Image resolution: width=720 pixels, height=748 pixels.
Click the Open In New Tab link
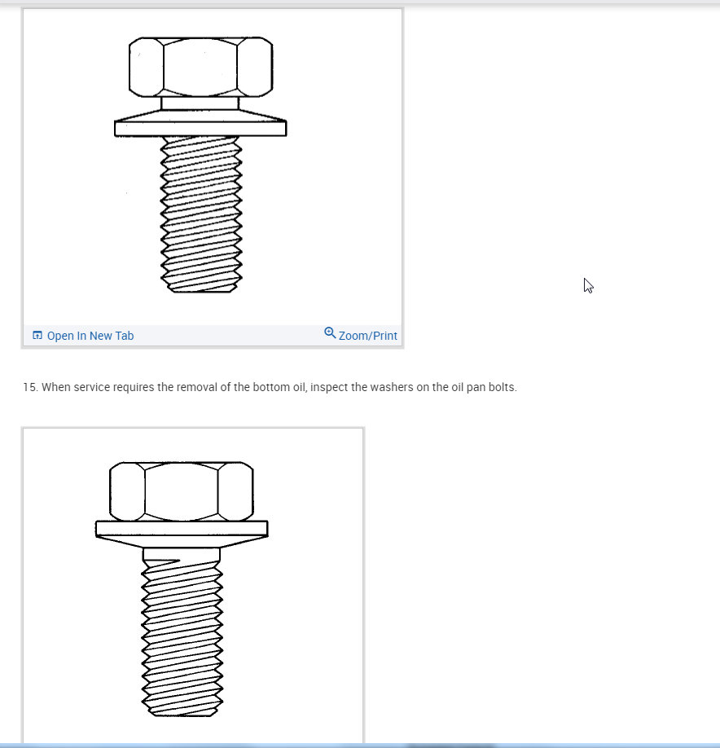[90, 336]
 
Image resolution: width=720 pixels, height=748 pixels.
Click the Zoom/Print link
[367, 336]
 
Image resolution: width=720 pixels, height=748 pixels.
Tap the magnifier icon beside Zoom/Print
[330, 332]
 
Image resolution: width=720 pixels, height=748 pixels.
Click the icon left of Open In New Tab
[37, 335]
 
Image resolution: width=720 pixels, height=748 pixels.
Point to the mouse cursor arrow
[588, 285]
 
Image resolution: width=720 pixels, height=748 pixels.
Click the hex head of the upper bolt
[200, 67]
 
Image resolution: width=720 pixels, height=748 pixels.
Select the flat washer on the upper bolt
[200, 128]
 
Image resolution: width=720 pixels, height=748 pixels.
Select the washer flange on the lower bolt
[181, 529]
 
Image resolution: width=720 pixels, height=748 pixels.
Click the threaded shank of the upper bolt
[201, 212]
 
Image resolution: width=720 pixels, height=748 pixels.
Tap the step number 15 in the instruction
[30, 387]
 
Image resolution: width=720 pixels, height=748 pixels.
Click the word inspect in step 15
[330, 387]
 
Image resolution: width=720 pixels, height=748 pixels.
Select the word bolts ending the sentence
[501, 387]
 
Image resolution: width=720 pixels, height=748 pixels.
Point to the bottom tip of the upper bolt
[201, 290]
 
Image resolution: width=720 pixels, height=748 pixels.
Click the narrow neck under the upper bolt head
[200, 103]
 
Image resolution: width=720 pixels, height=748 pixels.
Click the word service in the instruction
[94, 387]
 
